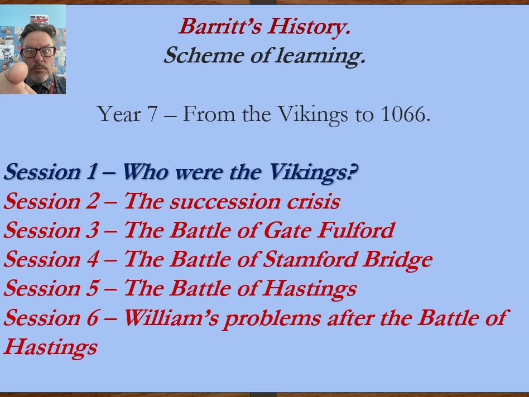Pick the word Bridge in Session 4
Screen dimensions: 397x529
(x=403, y=259)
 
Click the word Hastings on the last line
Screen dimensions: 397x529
(x=50, y=347)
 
